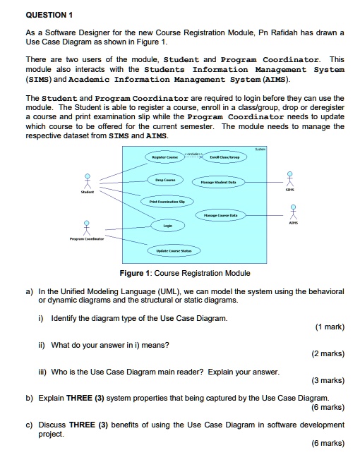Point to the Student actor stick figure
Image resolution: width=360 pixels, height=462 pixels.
pos(88,181)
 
